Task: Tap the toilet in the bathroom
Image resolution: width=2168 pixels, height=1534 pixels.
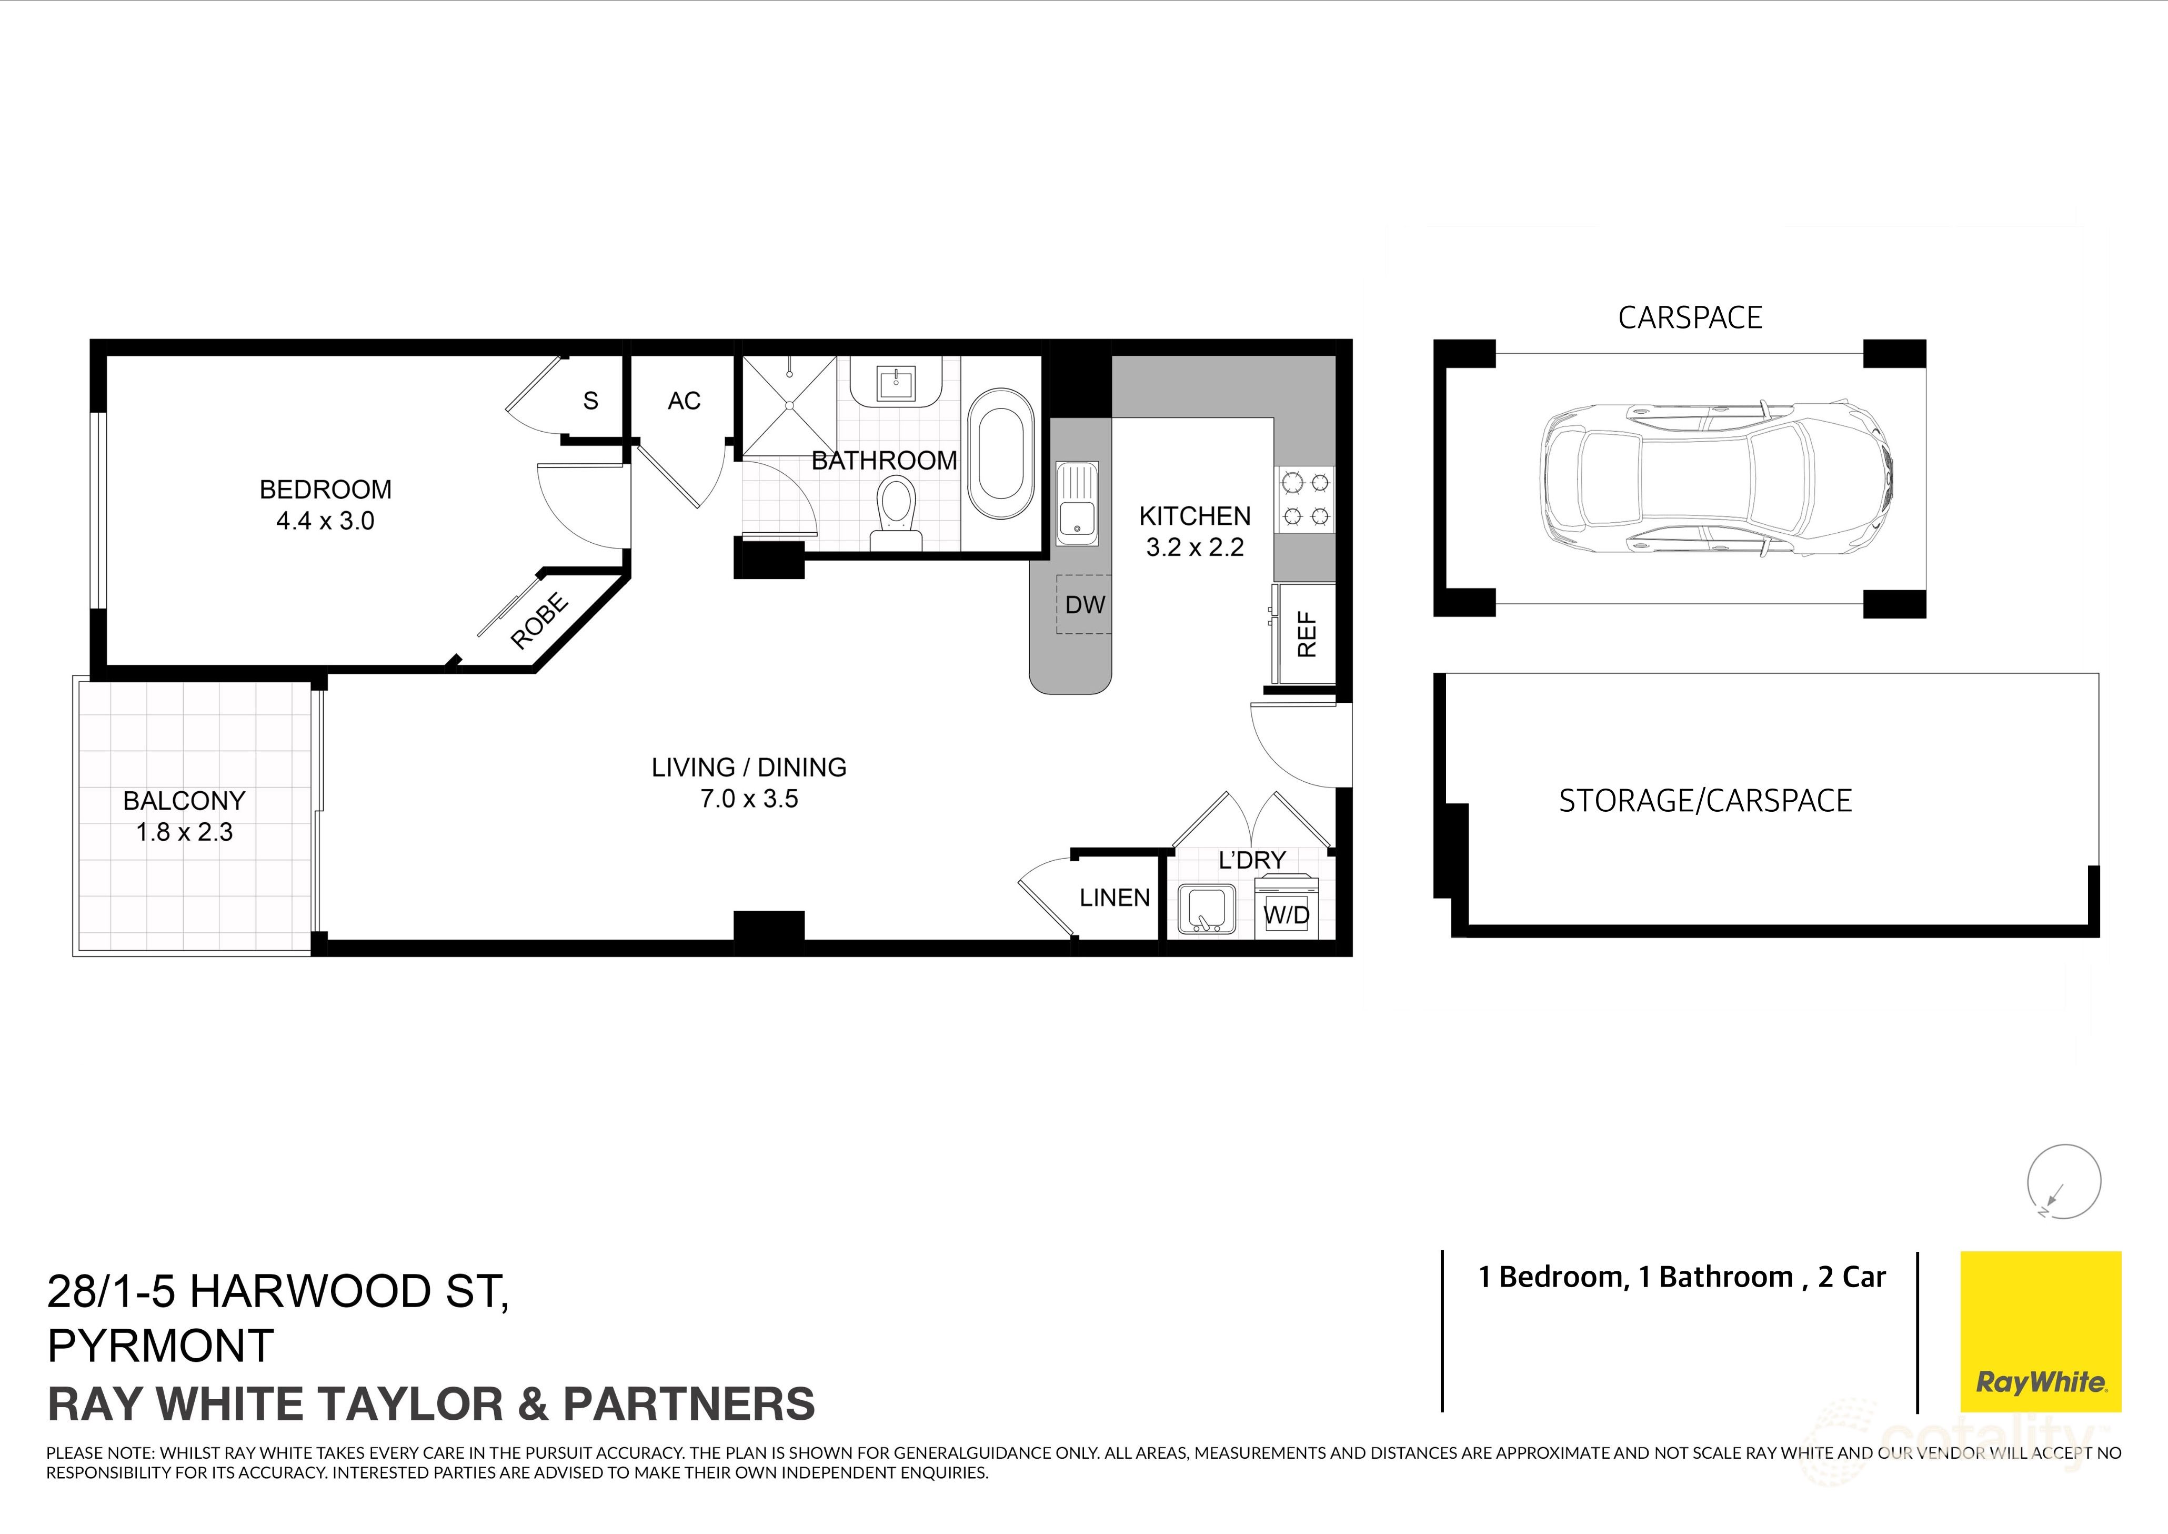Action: pyautogui.click(x=895, y=513)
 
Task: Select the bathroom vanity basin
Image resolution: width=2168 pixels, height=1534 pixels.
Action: pyautogui.click(x=894, y=383)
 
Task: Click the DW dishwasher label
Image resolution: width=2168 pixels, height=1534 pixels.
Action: pyautogui.click(x=1084, y=604)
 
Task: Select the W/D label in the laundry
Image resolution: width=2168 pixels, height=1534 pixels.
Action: pyautogui.click(x=1286, y=914)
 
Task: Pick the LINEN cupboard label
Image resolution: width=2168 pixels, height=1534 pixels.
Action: pyautogui.click(x=1114, y=898)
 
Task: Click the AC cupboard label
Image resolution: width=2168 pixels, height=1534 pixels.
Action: pyautogui.click(x=684, y=402)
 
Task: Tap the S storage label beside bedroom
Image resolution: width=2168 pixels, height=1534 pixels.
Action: pyautogui.click(x=590, y=402)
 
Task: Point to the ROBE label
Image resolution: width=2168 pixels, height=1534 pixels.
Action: pyautogui.click(x=539, y=621)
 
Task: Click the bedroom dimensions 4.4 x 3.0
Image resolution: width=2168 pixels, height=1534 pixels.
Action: pyautogui.click(x=325, y=521)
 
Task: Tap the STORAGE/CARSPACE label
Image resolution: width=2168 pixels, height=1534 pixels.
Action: pyautogui.click(x=1704, y=801)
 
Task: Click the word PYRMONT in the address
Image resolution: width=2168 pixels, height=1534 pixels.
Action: pyautogui.click(x=160, y=1346)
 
